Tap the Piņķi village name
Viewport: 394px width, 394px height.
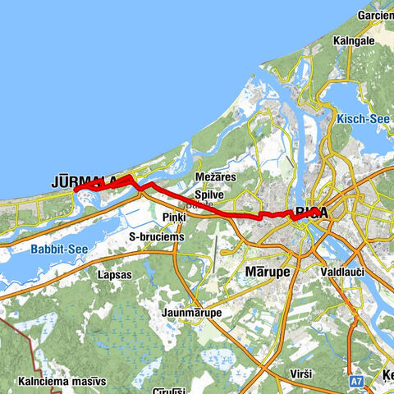coord(174,216)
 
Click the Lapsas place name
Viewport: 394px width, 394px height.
coord(113,274)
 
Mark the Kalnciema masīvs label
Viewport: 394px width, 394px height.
coord(61,382)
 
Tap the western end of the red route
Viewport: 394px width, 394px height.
coord(76,190)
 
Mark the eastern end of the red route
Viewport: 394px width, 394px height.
coord(318,212)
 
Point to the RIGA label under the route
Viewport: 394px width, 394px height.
coord(311,213)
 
